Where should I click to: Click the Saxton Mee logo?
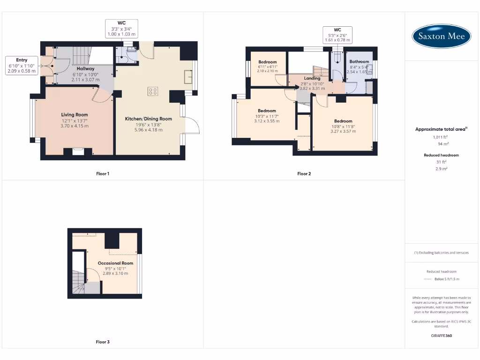(442, 37)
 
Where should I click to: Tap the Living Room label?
(75, 115)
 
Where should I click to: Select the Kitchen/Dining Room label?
(148, 119)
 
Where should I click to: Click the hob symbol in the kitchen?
(153, 91)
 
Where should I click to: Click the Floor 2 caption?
(304, 174)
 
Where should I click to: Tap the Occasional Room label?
(115, 263)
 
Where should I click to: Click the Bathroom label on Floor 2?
(359, 61)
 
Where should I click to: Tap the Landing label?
(312, 78)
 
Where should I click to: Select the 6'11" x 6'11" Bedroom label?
(267, 62)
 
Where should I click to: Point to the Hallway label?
(86, 69)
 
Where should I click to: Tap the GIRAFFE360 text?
(441, 336)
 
